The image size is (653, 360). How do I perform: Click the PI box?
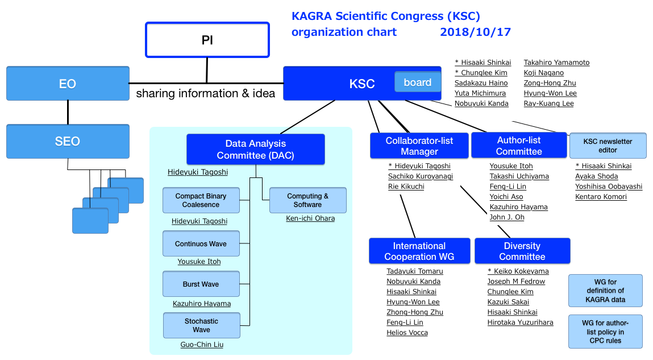(207, 40)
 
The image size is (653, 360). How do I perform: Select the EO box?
(68, 84)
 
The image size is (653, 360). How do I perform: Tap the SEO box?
(68, 141)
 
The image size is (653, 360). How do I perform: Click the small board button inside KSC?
(417, 82)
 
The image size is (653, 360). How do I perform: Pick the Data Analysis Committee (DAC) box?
(256, 149)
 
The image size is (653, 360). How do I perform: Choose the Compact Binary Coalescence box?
(201, 200)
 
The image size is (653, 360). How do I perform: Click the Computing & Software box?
(308, 200)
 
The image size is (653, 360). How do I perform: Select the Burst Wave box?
(201, 284)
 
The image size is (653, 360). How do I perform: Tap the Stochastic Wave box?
(202, 325)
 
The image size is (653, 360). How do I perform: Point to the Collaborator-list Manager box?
(419, 146)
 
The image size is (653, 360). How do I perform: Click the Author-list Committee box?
(519, 146)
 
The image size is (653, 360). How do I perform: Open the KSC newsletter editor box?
(608, 146)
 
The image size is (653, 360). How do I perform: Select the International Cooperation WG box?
(419, 251)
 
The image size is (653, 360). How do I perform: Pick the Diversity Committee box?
(522, 251)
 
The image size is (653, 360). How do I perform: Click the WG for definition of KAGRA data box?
(605, 291)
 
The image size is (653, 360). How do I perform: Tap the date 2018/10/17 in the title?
(475, 32)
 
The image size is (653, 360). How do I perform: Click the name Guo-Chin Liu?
(202, 345)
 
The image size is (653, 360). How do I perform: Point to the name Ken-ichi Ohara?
(310, 218)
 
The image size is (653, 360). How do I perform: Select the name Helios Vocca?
(407, 333)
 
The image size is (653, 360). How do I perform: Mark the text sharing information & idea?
(206, 93)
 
